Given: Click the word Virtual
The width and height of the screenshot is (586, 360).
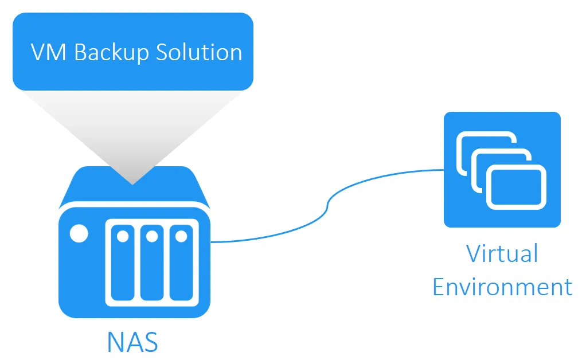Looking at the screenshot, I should point(502,253).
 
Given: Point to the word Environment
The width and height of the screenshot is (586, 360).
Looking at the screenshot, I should point(502,286).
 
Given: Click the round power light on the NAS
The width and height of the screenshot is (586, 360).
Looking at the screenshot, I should point(79,234).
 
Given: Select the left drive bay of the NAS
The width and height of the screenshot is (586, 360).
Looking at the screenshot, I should point(122,264).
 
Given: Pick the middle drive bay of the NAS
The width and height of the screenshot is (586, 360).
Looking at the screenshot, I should point(151,264).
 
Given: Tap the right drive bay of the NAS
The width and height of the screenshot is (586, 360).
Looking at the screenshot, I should point(181,264).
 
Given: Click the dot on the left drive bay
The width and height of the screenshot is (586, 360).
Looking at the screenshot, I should point(122,236).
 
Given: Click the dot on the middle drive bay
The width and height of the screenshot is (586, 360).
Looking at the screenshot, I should point(151,236).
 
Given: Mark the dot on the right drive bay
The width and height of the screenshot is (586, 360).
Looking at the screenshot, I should point(181,236).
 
